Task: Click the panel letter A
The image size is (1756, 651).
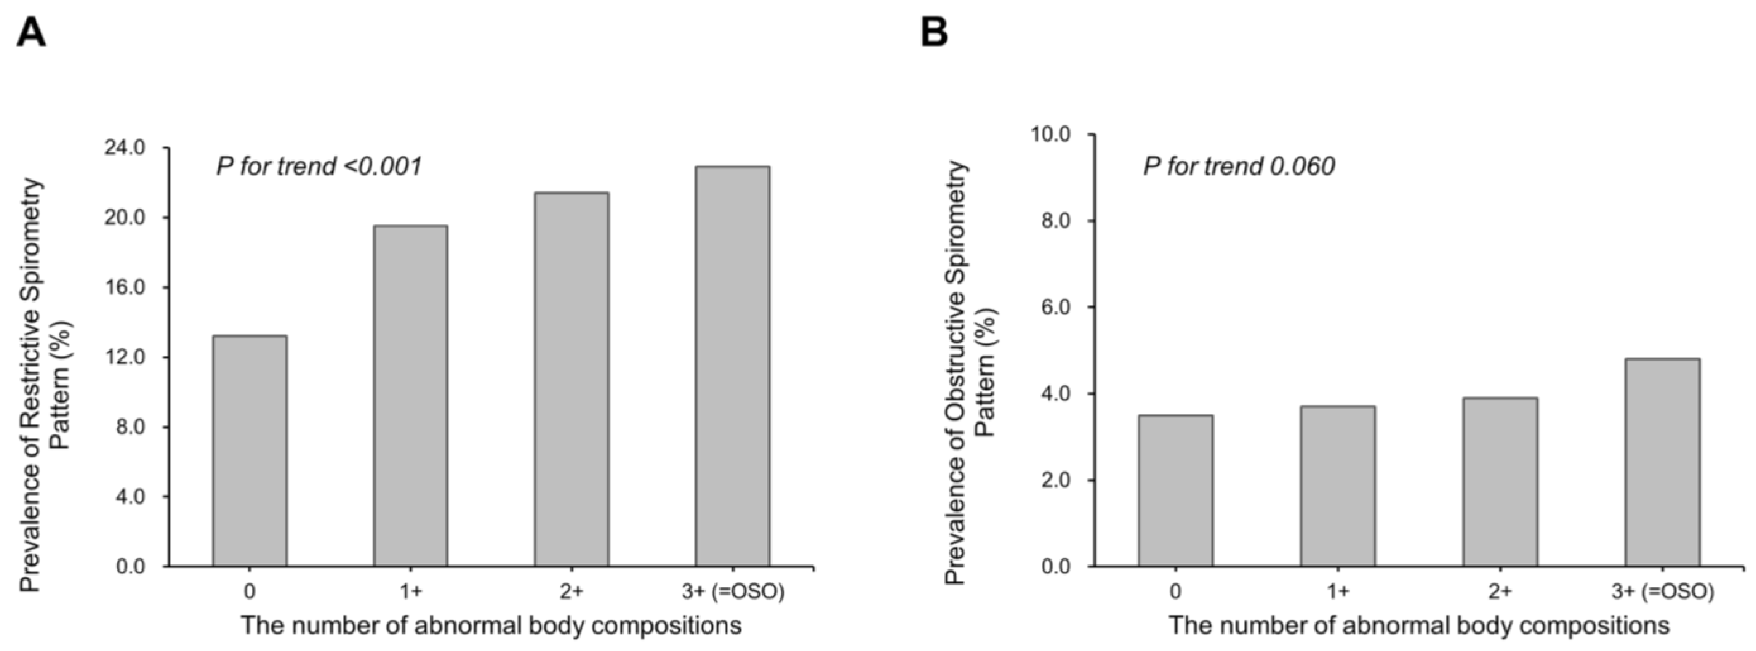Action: point(31,32)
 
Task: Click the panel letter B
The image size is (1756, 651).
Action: point(934,32)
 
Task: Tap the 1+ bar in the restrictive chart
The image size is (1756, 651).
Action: point(410,396)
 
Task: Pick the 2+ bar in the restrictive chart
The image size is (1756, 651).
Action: point(571,379)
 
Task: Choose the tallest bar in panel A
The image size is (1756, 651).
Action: point(733,366)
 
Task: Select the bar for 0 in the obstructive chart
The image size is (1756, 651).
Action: point(1175,490)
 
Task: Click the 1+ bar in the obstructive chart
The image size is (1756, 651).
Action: point(1338,486)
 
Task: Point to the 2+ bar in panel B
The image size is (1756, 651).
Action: point(1500,482)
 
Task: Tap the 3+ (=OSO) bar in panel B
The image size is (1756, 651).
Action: point(1662,462)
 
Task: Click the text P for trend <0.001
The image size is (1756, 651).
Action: point(319,166)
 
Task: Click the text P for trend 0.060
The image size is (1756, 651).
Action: point(1239,166)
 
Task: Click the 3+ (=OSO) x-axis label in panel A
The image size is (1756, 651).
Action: point(733,591)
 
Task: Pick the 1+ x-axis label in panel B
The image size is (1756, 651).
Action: point(1338,591)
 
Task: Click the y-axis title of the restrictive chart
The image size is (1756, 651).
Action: point(44,385)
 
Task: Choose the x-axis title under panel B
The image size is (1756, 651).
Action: point(1419,625)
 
